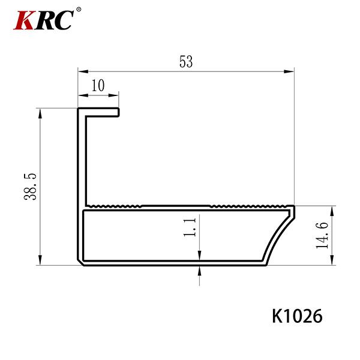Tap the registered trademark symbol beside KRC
[79, 10]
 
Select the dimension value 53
[186, 62]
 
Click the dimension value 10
[98, 85]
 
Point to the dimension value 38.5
[30, 187]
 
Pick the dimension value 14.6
[322, 235]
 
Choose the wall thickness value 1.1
[190, 227]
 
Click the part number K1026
[298, 316]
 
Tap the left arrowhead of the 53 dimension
[83, 71]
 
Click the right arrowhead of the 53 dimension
[289, 71]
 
